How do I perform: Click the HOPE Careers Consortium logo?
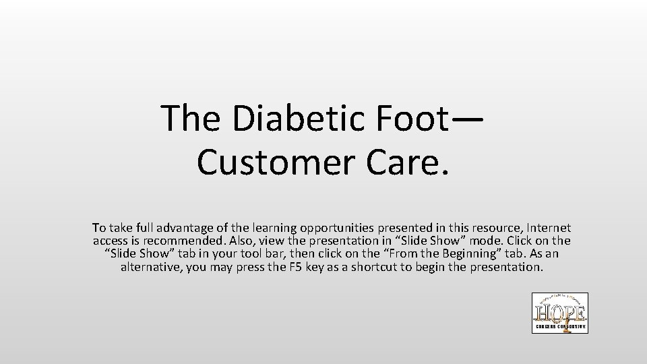(x=559, y=313)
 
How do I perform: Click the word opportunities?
(x=347, y=229)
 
